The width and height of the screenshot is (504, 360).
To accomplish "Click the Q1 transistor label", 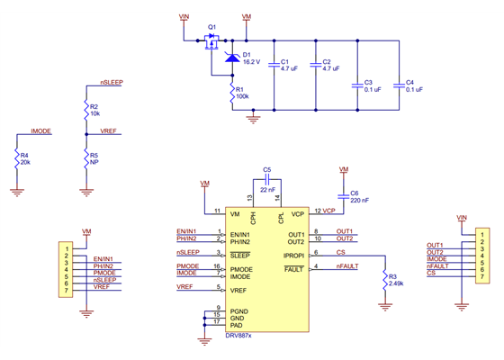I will (x=211, y=28).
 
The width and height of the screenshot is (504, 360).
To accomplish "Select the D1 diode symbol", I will (x=231, y=58).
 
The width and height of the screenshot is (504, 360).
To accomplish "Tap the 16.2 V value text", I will (x=254, y=62).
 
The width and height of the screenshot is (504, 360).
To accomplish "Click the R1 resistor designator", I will (x=239, y=89).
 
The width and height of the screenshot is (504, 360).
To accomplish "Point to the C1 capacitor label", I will (x=283, y=61).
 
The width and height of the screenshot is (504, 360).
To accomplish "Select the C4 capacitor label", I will (x=410, y=82).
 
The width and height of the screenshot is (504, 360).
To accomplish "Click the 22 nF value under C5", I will (x=268, y=190).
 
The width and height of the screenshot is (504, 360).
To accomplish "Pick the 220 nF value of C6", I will (x=359, y=201).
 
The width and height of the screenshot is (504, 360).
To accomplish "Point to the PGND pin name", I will (x=239, y=310).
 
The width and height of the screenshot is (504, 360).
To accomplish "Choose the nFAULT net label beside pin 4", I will (x=347, y=266).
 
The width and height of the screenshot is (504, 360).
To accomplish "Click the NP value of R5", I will (x=94, y=163).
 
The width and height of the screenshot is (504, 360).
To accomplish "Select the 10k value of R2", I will (x=95, y=114).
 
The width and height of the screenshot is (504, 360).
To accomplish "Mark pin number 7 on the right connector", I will (x=482, y=279).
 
